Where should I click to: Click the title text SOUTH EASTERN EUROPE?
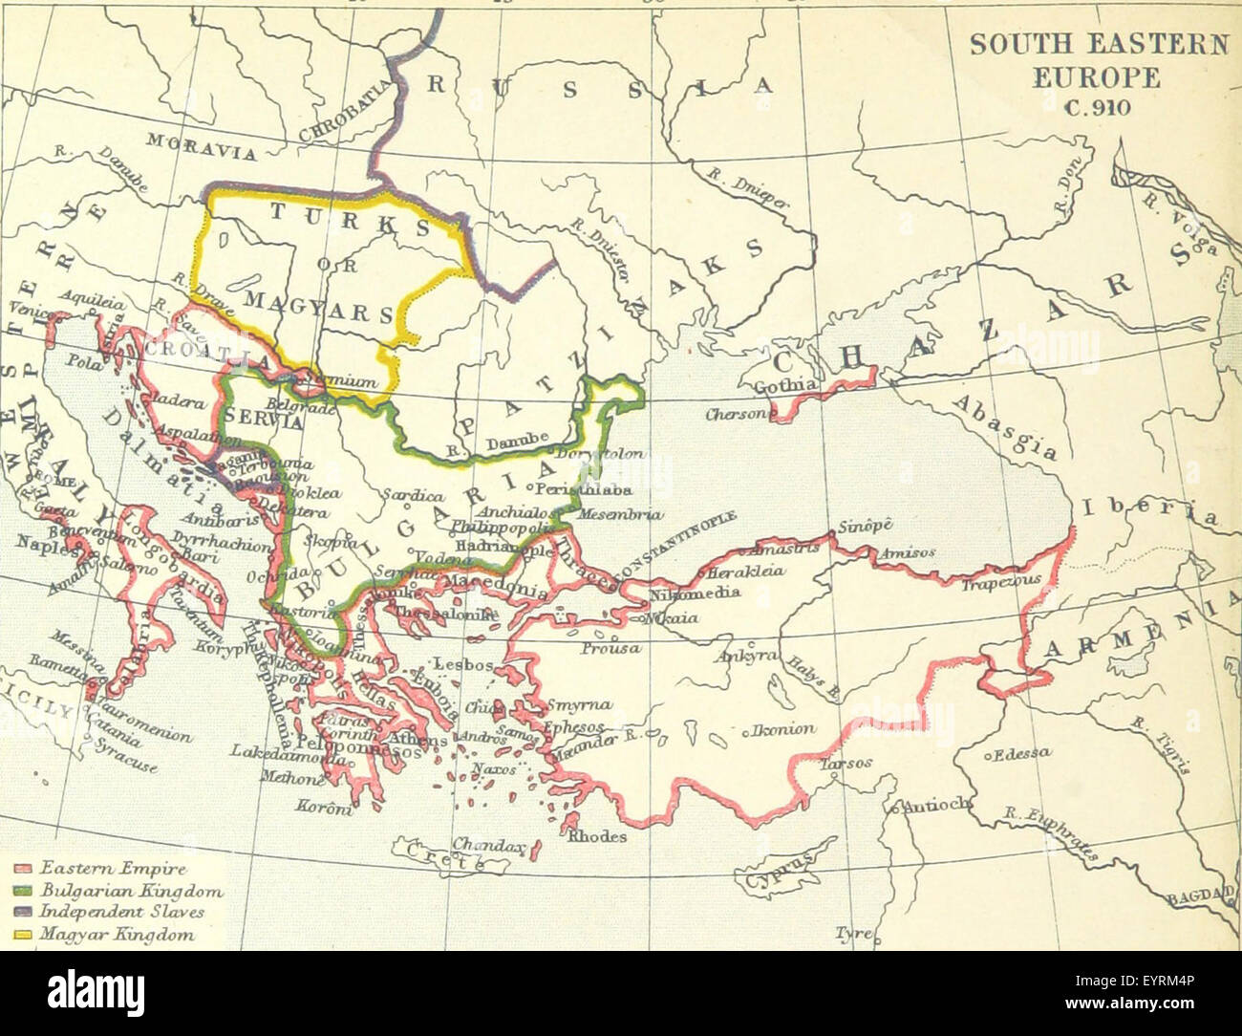(1099, 60)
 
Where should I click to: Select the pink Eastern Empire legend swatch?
(24, 869)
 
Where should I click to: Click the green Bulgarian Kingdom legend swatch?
(24, 891)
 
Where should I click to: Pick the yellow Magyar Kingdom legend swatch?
(24, 935)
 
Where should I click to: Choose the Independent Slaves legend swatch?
(24, 913)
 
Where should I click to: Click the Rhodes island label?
(598, 836)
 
